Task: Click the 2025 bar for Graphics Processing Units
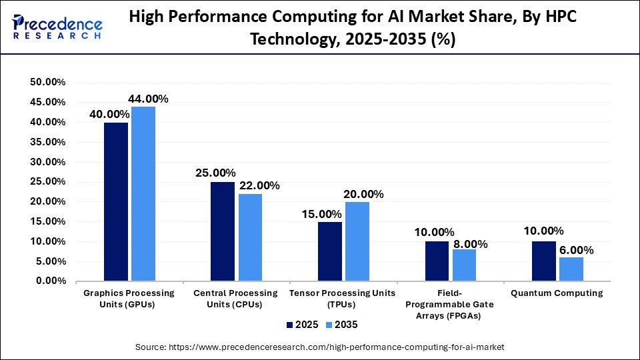tap(116, 201)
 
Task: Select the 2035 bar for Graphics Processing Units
tap(143, 193)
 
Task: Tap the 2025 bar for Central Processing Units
tap(223, 231)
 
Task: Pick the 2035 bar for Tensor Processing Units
tap(357, 241)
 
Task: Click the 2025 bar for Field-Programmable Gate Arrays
tap(437, 261)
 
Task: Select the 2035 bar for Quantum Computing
tap(571, 269)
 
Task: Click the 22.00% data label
tap(258, 185)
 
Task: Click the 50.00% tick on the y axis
tap(47, 82)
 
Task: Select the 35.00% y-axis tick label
tap(47, 142)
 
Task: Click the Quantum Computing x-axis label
tap(557, 293)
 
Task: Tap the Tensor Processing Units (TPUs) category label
tap(343, 299)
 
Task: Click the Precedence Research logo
tap(57, 27)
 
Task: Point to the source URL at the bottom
tap(320, 347)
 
